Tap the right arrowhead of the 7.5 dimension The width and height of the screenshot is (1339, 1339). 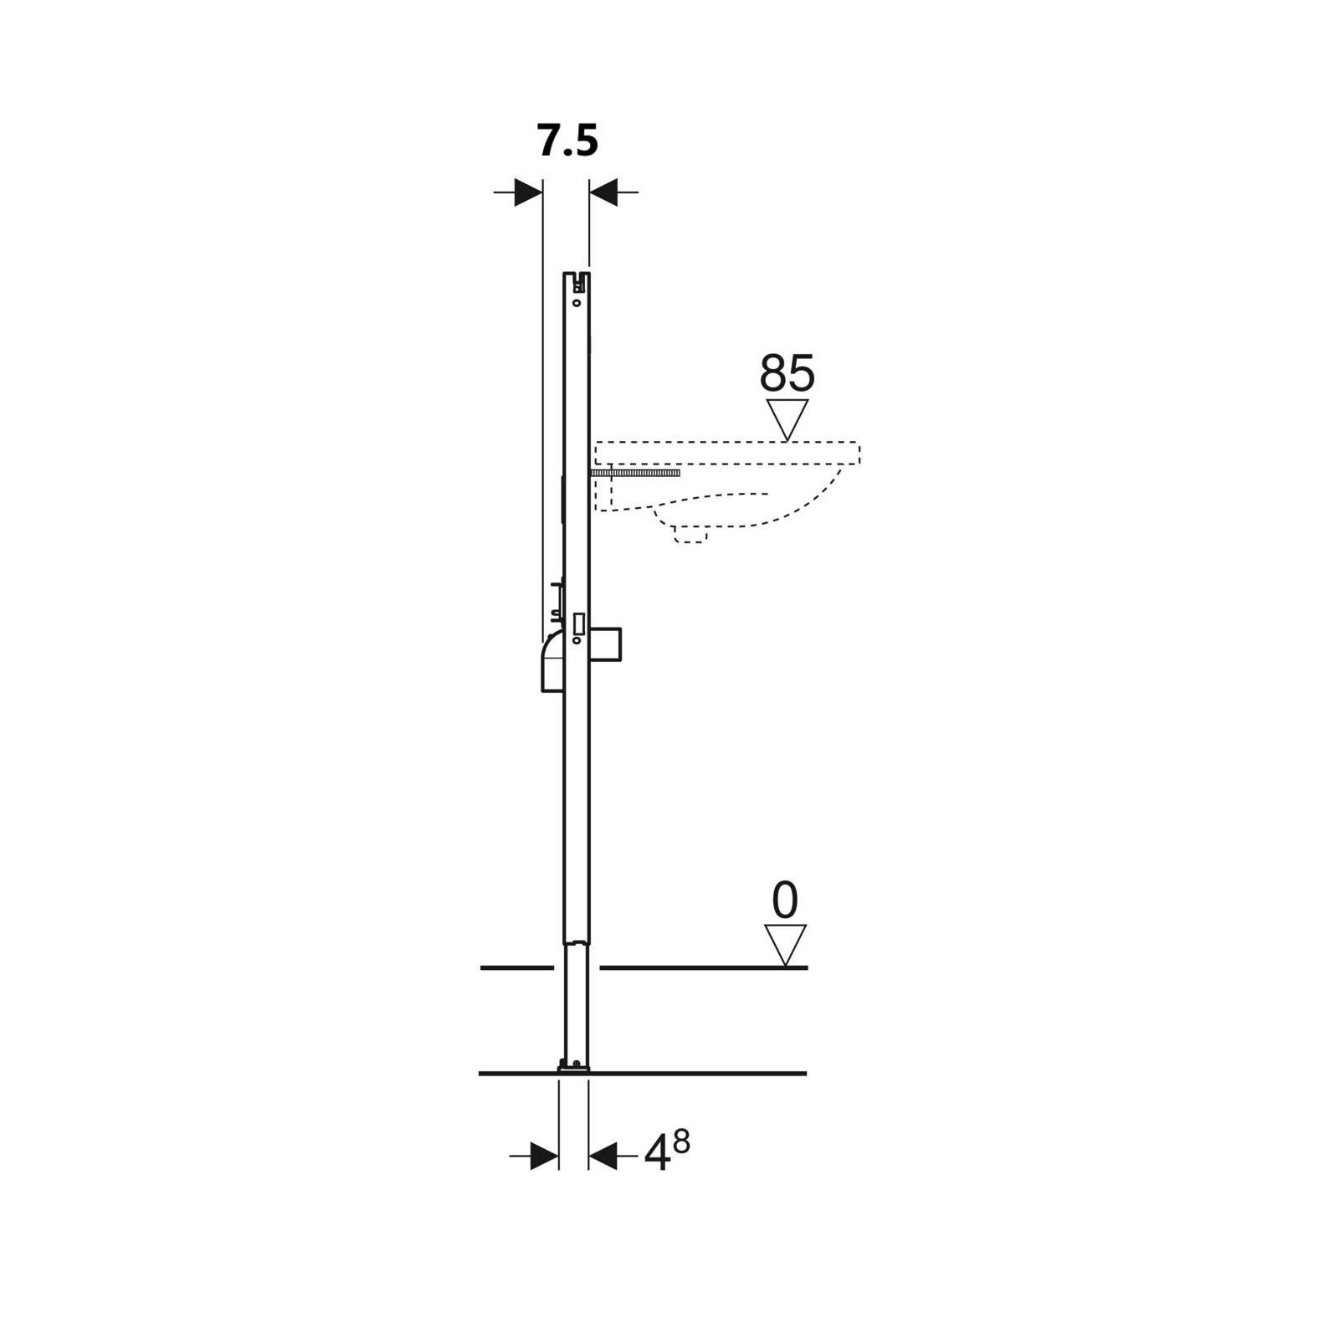coord(603,192)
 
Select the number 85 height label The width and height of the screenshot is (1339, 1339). coord(787,373)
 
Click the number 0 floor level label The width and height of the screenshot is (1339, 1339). coord(785,901)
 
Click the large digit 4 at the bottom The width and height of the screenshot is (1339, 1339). coord(658,1156)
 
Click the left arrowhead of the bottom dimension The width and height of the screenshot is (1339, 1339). coord(545,1157)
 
